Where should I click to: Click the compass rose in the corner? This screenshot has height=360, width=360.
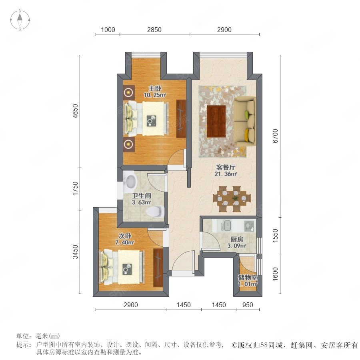pos(20,20)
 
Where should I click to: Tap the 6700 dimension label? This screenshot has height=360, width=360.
pos(275,136)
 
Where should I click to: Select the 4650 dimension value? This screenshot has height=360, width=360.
pos(75,111)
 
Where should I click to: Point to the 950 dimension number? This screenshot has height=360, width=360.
pos(248,305)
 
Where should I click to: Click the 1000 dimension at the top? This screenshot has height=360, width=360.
pos(108,30)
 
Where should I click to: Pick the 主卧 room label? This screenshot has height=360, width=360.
pos(155,88)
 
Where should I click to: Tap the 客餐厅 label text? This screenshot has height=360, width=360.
pos(226,167)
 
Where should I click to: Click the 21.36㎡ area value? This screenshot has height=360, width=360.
pos(226,174)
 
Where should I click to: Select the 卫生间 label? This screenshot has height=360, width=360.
pos(142,196)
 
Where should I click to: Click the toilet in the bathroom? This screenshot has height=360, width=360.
pos(156,211)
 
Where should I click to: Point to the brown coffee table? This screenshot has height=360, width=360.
pos(216,121)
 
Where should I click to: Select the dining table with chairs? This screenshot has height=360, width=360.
pos(232,199)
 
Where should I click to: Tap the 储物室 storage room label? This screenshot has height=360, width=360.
pos(248,277)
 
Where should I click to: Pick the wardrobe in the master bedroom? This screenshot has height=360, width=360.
pos(181,119)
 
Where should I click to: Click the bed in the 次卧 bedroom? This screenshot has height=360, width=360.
pos(122,267)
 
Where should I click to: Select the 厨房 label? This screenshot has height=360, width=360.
pos(237,240)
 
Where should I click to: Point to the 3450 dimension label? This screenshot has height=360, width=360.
pos(75,252)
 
